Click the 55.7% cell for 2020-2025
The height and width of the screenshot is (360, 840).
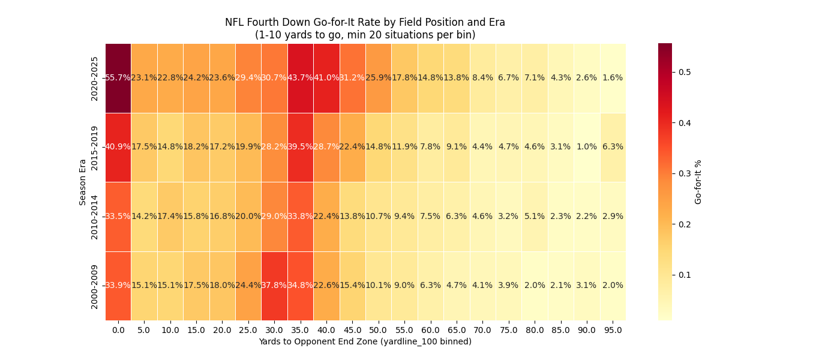click(x=118, y=78)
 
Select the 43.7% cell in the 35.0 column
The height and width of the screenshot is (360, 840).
click(x=301, y=78)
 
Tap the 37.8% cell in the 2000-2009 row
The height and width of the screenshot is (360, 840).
click(x=274, y=286)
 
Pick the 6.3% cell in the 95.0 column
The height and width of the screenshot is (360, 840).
click(x=613, y=147)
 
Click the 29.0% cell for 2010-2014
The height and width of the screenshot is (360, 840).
click(x=274, y=217)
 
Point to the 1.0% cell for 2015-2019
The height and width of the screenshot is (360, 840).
click(x=586, y=147)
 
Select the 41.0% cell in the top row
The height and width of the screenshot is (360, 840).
click(x=326, y=78)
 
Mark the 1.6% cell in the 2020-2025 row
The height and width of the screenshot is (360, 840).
click(x=613, y=78)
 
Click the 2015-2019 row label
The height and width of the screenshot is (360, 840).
click(x=95, y=147)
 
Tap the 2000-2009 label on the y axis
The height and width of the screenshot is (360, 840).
click(x=95, y=286)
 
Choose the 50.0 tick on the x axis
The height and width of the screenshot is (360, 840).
click(x=379, y=330)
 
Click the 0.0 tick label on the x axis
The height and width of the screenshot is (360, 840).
click(x=118, y=330)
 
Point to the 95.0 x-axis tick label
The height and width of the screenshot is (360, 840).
click(x=613, y=330)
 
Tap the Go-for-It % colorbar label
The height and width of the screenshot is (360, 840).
click(x=698, y=182)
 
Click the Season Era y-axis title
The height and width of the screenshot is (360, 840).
click(x=83, y=182)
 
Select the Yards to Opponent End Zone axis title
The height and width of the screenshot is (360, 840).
click(x=365, y=342)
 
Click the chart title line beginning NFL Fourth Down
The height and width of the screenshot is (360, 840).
click(x=365, y=22)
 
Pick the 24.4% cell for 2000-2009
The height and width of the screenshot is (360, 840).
click(x=248, y=286)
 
